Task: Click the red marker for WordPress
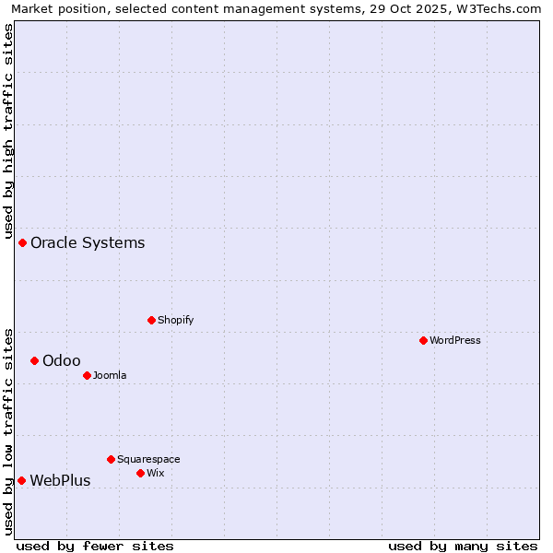(423, 340)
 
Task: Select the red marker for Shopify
(151, 320)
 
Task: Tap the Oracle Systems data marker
(22, 242)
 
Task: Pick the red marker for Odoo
(34, 360)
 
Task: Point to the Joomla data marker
(87, 375)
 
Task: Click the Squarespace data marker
(111, 459)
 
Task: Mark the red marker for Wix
(140, 473)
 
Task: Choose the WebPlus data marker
(21, 480)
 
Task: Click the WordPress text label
(455, 340)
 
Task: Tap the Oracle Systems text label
(88, 242)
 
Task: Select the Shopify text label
(175, 320)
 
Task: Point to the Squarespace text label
(148, 459)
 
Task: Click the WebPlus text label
(60, 480)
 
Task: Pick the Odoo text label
(61, 360)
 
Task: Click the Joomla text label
(110, 375)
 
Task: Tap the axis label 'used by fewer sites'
(95, 546)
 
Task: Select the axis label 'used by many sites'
(463, 546)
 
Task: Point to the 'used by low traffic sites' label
(8, 431)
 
